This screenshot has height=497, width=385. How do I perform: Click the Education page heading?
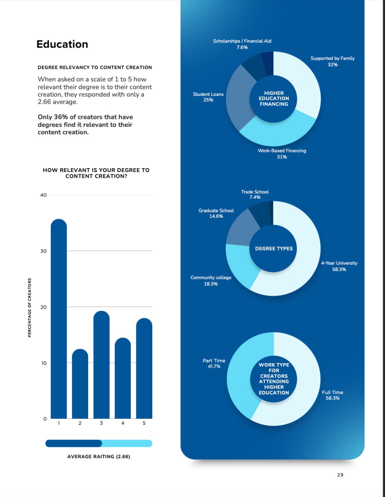pyautogui.click(x=62, y=44)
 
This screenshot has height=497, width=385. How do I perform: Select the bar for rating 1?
pyautogui.click(x=59, y=318)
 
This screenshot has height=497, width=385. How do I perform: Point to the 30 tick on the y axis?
pyautogui.click(x=44, y=251)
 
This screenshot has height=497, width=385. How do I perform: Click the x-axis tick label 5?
pyautogui.click(x=144, y=423)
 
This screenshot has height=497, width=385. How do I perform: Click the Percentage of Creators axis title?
pyautogui.click(x=30, y=308)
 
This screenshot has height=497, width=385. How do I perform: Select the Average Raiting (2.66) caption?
pyautogui.click(x=99, y=457)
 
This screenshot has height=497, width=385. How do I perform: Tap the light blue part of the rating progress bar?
pyautogui.click(x=127, y=443)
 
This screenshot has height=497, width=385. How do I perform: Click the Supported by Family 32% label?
pyautogui.click(x=333, y=61)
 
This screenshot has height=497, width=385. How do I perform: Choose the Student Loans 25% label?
pyautogui.click(x=208, y=97)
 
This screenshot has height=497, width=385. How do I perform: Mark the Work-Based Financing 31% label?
pyautogui.click(x=282, y=154)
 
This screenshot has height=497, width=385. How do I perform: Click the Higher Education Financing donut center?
pyautogui.click(x=274, y=99)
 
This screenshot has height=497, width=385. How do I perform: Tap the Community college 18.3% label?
pyautogui.click(x=211, y=281)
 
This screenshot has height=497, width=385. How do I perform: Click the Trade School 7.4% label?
pyautogui.click(x=255, y=195)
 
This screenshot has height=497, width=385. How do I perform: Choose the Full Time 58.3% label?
pyautogui.click(x=333, y=395)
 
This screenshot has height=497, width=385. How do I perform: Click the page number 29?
pyautogui.click(x=340, y=475)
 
